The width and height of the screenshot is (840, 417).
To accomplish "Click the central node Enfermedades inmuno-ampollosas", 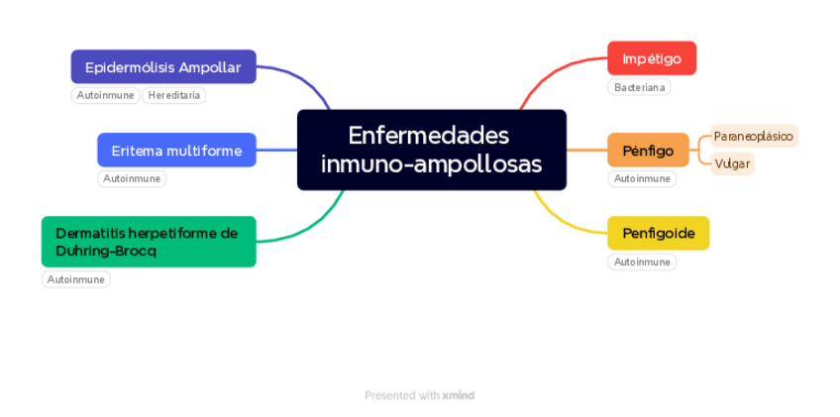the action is [x=431, y=150].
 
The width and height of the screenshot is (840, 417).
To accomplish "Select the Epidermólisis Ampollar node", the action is [x=163, y=67].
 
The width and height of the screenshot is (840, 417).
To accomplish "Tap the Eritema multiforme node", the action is [x=176, y=151].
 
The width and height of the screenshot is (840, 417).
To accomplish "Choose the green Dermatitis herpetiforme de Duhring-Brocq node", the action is [x=149, y=242].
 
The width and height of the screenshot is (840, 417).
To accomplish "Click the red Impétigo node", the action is [x=651, y=58].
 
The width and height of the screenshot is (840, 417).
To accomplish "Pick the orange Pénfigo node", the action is [x=648, y=151].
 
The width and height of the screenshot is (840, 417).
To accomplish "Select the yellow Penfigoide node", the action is [x=658, y=234].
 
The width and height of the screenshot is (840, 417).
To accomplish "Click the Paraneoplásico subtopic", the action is [x=753, y=136].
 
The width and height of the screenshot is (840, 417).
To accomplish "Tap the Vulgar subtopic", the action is [x=732, y=163].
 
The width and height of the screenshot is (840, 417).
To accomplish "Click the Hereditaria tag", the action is [x=174, y=96].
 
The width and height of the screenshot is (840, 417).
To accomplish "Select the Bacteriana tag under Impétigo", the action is [x=639, y=88].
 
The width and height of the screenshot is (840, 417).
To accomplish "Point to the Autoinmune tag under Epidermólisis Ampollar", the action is [x=106, y=96].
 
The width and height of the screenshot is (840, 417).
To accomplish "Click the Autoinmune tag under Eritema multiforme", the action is [x=132, y=179].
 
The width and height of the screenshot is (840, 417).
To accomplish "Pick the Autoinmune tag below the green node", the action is [x=76, y=280].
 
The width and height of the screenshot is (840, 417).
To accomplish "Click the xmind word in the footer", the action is [x=459, y=395].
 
